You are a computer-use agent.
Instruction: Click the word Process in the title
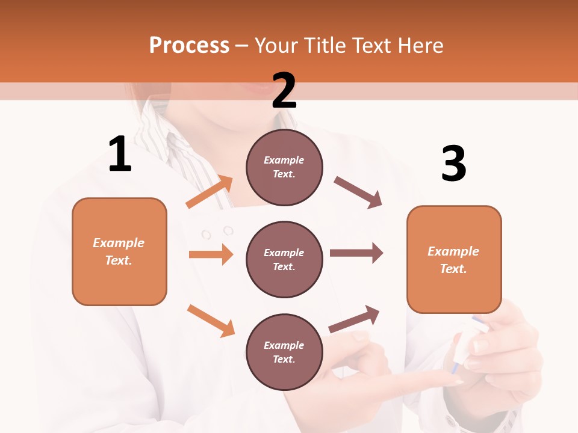coord(189,46)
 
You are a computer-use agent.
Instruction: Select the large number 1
coord(120,154)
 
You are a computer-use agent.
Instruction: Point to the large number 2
coord(284,91)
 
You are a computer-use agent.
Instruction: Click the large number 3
coord(453,164)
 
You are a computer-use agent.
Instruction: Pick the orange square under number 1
coord(119,251)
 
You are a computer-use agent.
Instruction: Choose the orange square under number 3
coord(454,259)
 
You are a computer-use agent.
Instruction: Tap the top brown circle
coord(284,167)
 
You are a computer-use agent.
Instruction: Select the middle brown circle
coord(284,259)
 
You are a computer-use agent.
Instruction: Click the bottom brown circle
coord(284,352)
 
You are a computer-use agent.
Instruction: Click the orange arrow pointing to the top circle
coord(210,192)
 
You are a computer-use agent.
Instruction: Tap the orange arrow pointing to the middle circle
coord(211,254)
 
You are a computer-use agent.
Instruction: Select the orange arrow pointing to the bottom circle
coord(211,320)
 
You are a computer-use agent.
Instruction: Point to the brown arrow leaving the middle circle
coord(356,253)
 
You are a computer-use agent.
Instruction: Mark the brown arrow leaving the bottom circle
coord(355,319)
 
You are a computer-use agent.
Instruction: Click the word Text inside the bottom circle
coord(284,359)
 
